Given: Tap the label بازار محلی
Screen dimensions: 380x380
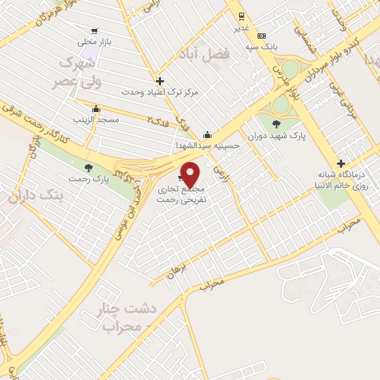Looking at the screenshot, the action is [x=94, y=42].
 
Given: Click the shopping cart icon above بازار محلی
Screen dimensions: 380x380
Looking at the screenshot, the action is [x=94, y=31].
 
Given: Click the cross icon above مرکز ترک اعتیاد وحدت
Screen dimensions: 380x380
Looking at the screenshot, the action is [x=160, y=81].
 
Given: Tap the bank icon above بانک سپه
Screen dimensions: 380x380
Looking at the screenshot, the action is [x=261, y=35].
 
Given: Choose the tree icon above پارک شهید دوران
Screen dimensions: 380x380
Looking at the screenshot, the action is [x=276, y=124].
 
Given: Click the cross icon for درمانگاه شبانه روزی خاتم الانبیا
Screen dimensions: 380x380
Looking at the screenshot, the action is [x=341, y=163].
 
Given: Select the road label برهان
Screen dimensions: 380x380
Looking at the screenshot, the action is [x=179, y=272].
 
